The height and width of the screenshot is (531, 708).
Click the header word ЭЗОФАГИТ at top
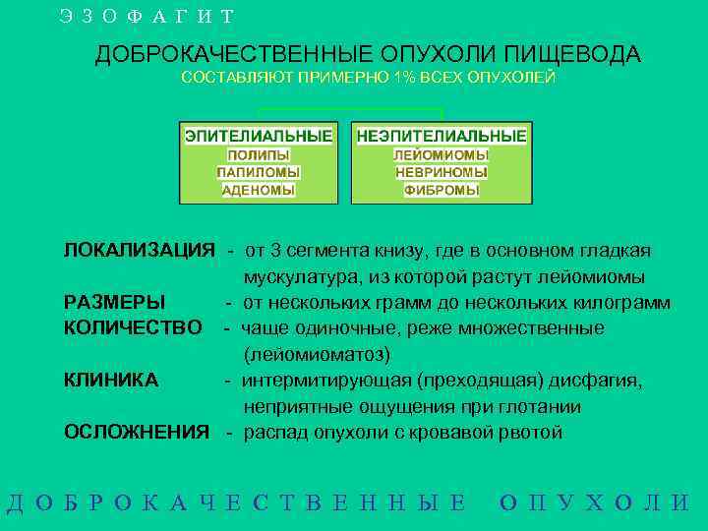[x=147, y=17]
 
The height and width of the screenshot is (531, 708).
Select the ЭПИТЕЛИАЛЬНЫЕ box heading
[x=259, y=136]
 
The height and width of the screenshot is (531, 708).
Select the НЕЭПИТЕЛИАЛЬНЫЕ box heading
[x=442, y=136]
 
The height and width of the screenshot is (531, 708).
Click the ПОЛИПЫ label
[x=259, y=155]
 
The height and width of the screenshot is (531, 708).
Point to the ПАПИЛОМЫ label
[x=259, y=172]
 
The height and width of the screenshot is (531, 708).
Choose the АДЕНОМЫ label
[x=259, y=190]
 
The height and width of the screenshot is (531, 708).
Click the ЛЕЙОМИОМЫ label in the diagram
[x=442, y=155]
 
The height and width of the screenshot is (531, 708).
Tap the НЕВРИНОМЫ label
[x=442, y=172]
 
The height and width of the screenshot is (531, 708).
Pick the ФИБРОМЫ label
[x=442, y=190]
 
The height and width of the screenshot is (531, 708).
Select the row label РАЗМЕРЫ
[x=115, y=302]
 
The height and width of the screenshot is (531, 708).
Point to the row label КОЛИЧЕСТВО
[x=133, y=327]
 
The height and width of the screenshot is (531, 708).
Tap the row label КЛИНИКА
[x=110, y=380]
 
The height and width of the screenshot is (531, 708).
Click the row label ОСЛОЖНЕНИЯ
[x=137, y=432]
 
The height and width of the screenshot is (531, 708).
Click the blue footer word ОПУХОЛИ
[x=594, y=502]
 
